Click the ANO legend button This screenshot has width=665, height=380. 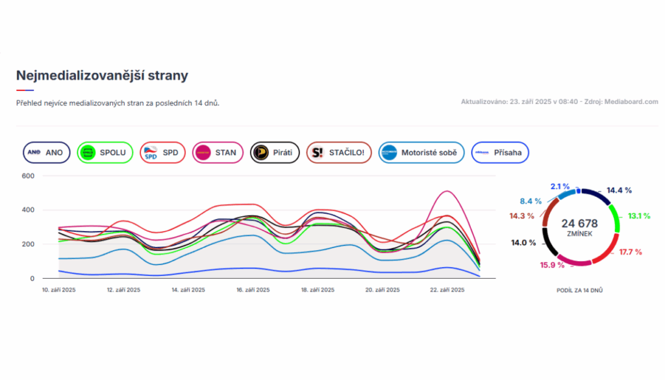[x=46, y=153]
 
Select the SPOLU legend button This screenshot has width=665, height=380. [x=105, y=153]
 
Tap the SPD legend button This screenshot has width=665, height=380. [x=162, y=153]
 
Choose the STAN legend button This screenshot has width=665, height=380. [x=218, y=153]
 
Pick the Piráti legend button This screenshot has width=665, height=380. [x=275, y=153]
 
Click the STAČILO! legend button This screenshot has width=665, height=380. [x=338, y=153]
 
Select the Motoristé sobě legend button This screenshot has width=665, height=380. [x=421, y=153]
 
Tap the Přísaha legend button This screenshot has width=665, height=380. [x=500, y=153]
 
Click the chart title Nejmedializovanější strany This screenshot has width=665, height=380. [x=102, y=75]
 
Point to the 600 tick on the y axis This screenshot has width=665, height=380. [x=27, y=176]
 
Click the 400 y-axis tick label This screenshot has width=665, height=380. [x=27, y=210]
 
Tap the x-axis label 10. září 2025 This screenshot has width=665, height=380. [x=59, y=290]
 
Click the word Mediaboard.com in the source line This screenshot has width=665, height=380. [x=631, y=102]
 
